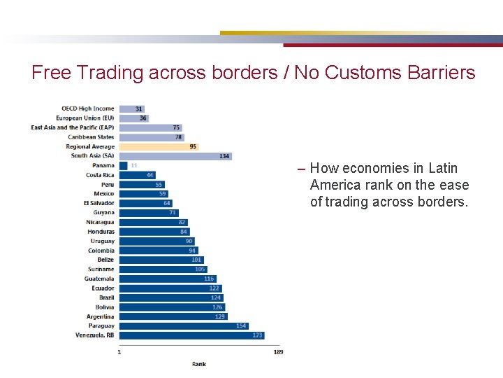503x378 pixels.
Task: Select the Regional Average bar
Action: [x=159, y=147]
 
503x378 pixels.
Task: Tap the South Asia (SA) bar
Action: [x=175, y=156]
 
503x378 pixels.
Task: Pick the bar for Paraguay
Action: [x=183, y=325]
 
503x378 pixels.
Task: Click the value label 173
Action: [x=257, y=335]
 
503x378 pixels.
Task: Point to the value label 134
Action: [x=224, y=156]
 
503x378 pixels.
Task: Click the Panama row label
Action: [x=103, y=166]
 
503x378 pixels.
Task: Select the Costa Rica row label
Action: [x=100, y=175]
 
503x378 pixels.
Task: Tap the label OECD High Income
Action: [x=87, y=108]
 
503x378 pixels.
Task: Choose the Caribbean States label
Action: [x=91, y=137]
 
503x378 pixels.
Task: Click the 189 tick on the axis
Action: [x=278, y=351]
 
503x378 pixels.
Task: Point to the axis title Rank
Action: [x=199, y=364]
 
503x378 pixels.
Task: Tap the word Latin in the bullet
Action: [x=443, y=168]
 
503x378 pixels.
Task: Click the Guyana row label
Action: [x=103, y=213]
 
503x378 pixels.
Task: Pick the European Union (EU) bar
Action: [x=133, y=118]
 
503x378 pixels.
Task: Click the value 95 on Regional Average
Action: [x=193, y=147]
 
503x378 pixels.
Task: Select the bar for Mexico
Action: [x=143, y=194]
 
